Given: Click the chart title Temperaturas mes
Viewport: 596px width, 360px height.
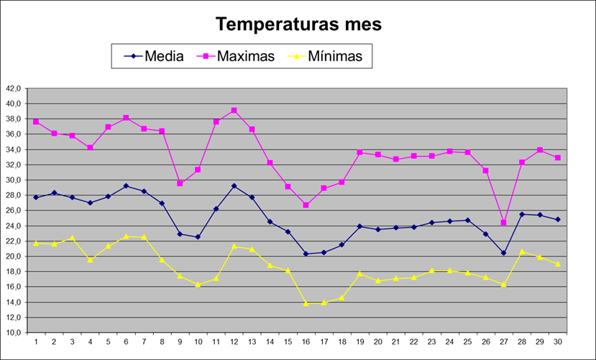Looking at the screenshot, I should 298,24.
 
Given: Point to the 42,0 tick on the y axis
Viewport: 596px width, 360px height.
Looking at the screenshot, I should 14,89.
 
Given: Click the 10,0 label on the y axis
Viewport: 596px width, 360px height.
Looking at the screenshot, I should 14,333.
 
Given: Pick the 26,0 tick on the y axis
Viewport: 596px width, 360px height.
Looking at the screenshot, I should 14,211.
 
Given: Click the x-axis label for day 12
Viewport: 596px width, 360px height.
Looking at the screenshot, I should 234,341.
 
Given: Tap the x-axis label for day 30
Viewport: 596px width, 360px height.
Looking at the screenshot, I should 557,341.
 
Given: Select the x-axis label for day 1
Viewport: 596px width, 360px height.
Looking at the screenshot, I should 36,341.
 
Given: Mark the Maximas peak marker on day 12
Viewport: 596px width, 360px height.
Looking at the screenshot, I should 234,111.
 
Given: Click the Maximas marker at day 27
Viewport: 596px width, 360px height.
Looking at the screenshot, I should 503,223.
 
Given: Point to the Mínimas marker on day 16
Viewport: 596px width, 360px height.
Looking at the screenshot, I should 306,303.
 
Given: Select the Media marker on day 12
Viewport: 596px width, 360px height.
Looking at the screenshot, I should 234,186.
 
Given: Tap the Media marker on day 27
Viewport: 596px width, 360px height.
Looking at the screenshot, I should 503,253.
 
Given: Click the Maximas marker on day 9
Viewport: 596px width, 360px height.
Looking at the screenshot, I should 180,183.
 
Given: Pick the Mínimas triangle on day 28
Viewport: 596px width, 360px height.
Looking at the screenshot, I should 522,251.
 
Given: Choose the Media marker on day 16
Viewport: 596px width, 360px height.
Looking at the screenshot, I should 306,254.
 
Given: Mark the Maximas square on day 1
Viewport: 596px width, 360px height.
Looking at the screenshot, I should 36,122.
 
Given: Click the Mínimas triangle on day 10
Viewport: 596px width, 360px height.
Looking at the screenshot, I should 198,285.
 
